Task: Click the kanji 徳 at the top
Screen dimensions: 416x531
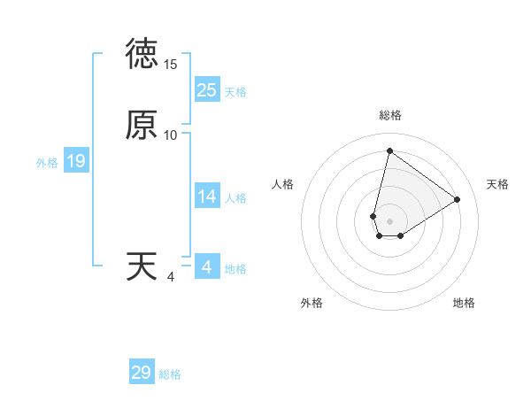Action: pos(142,54)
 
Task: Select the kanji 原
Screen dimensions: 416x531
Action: pos(142,126)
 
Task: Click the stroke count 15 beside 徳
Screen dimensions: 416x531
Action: pos(171,65)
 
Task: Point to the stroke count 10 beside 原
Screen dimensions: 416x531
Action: pos(171,135)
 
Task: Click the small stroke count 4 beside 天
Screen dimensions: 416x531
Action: pos(171,277)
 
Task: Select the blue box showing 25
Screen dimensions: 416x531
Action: pos(207,90)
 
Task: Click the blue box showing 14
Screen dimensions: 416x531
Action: pos(207,196)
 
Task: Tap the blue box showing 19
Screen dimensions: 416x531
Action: pos(76,161)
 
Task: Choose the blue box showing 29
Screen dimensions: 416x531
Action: pos(142,373)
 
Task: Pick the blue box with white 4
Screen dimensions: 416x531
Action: pos(207,267)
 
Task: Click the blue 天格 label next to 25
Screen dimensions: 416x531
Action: pos(235,92)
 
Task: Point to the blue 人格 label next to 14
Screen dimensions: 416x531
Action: pos(235,198)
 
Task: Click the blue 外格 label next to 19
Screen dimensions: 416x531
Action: pos(47,163)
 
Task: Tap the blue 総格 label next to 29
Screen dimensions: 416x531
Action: pos(170,374)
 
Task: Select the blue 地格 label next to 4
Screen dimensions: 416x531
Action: pos(235,269)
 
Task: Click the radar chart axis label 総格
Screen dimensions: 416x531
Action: pos(390,115)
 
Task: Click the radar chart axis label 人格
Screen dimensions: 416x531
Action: pos(283,184)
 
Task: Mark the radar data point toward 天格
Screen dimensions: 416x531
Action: pos(458,199)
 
